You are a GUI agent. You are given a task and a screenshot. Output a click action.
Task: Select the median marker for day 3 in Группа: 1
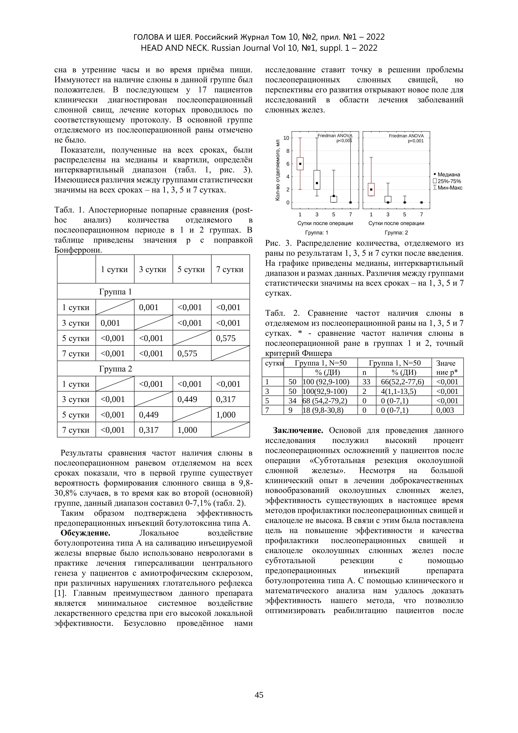(317, 183)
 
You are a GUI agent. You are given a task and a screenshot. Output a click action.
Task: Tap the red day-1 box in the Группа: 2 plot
(371, 189)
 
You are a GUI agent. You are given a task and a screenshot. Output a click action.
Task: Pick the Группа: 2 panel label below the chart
(396, 233)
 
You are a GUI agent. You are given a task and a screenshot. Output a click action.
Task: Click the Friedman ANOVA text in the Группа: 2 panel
(406, 136)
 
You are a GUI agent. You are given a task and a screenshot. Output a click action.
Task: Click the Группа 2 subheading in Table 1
(115, 369)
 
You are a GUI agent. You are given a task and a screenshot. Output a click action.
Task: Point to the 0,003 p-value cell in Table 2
(445, 410)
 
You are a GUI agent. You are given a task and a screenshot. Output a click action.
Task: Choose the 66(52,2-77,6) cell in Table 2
(403, 382)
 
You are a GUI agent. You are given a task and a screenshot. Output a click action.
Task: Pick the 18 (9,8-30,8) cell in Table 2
(323, 410)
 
